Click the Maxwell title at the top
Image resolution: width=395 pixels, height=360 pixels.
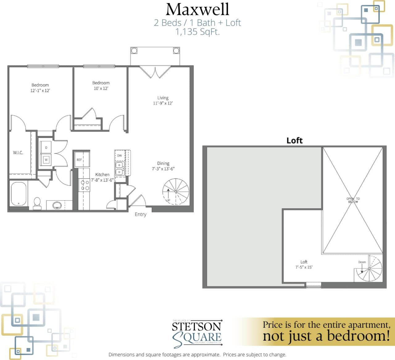(x=197, y=9)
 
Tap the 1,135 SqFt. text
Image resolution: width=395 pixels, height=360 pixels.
(x=197, y=32)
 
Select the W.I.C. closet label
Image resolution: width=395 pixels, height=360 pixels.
(x=18, y=153)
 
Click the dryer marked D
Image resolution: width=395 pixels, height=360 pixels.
(x=46, y=148)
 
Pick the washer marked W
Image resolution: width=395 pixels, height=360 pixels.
(x=46, y=160)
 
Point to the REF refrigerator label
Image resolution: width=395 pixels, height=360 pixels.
(x=79, y=160)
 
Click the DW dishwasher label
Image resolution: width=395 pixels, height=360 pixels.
(x=119, y=156)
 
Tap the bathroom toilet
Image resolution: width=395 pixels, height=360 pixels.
(x=37, y=202)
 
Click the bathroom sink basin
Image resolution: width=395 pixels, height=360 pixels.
(x=57, y=205)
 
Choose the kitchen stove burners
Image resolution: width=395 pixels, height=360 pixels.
(x=85, y=185)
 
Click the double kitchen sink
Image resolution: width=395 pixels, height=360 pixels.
(x=119, y=168)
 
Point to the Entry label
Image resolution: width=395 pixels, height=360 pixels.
(x=140, y=214)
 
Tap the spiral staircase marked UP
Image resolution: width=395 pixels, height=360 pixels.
(x=176, y=191)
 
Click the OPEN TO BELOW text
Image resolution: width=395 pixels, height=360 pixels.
(x=353, y=200)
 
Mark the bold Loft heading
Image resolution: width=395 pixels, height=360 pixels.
(x=294, y=141)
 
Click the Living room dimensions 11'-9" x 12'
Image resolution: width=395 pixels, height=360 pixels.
(x=163, y=103)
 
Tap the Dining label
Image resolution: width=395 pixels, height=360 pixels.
(x=163, y=163)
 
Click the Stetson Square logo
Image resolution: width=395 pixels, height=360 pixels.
(x=197, y=333)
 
